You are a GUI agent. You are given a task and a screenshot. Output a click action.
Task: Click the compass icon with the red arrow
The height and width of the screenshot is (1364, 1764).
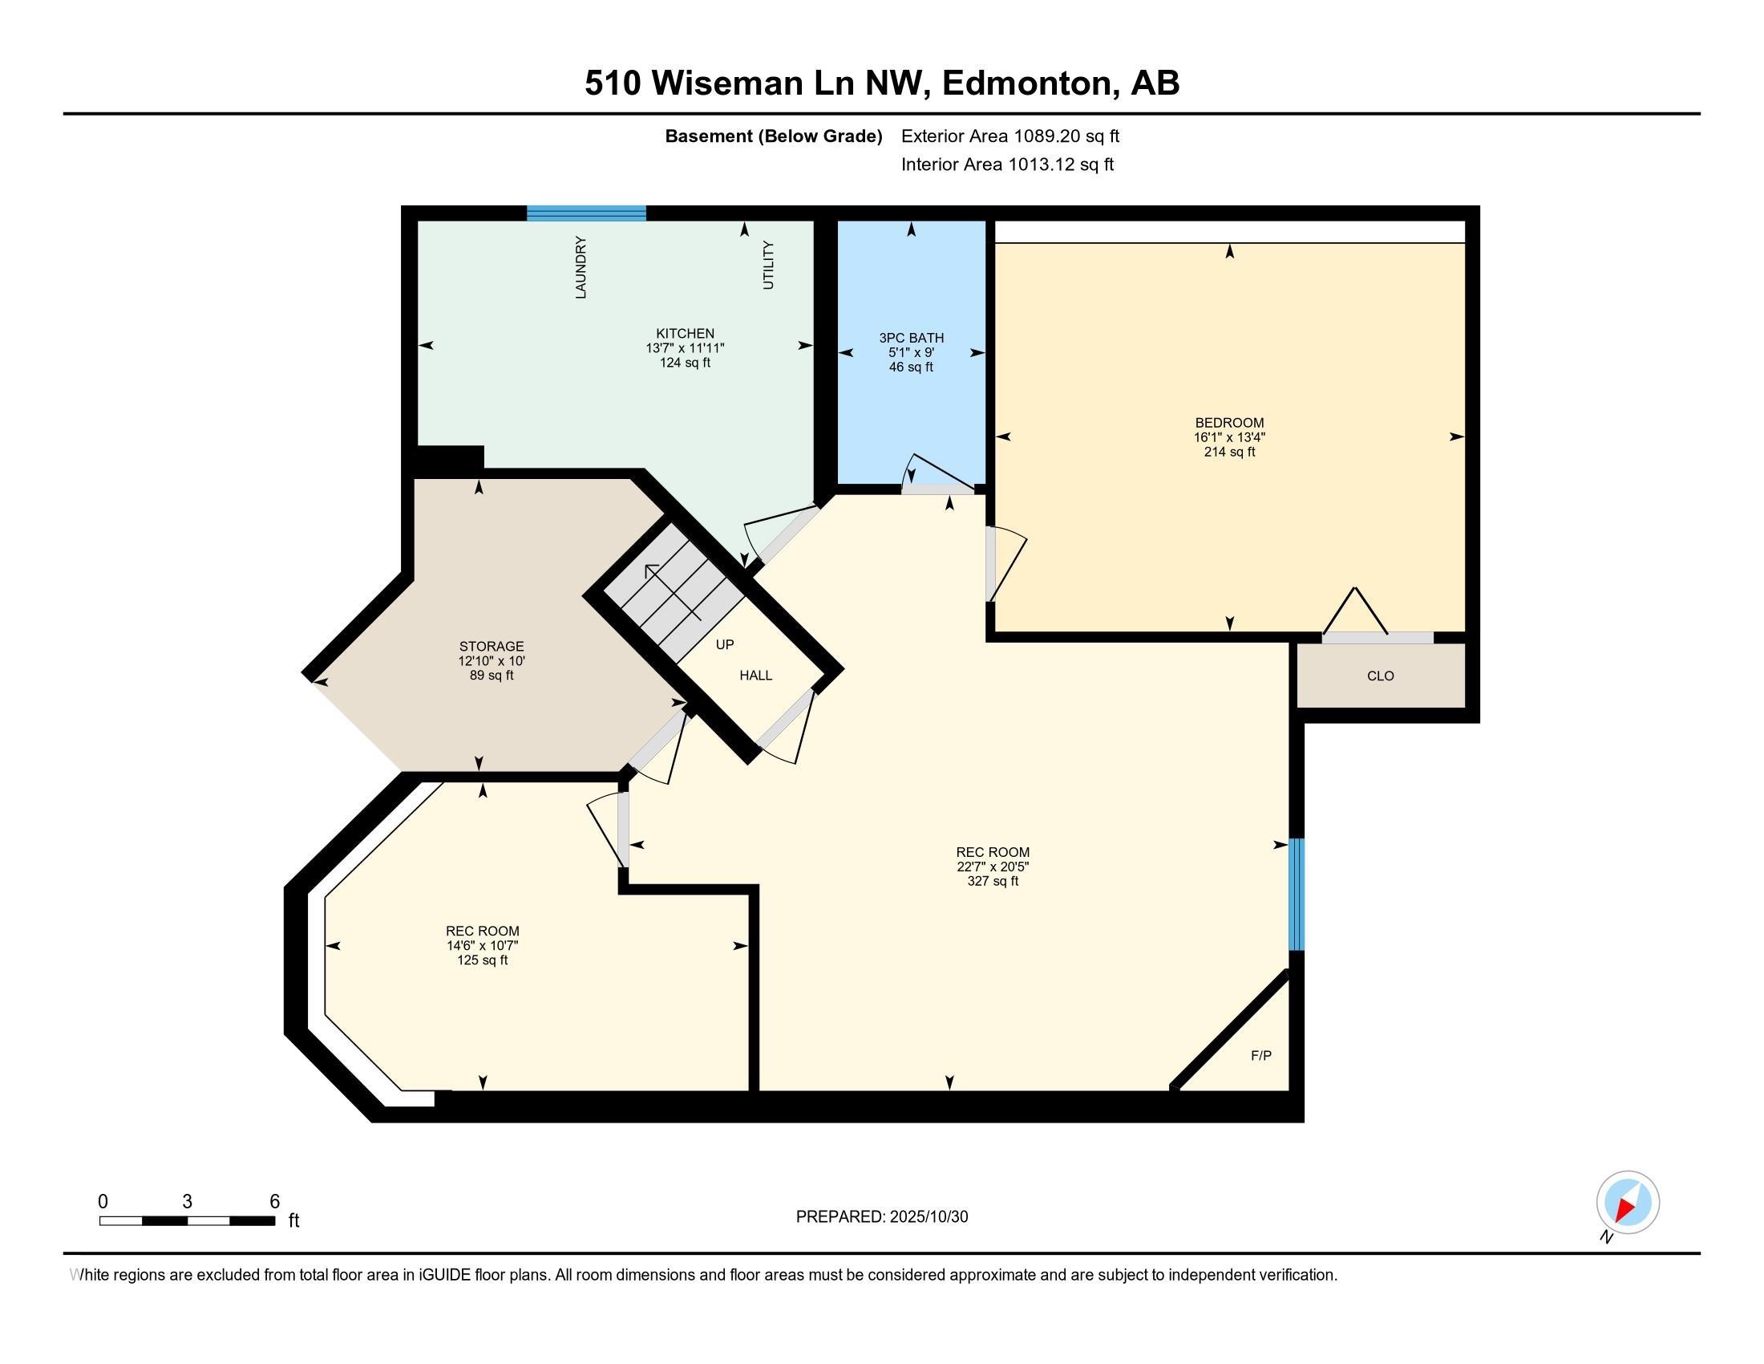(x=1628, y=1203)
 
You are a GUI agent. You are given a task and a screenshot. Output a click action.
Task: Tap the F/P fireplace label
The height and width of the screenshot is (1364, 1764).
(x=1260, y=1055)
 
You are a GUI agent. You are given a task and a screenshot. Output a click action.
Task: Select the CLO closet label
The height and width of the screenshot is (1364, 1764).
(x=1381, y=676)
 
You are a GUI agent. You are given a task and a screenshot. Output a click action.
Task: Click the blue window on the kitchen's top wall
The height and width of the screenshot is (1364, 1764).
(x=586, y=213)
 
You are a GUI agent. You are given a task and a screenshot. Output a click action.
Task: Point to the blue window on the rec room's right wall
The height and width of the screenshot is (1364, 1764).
(x=1296, y=894)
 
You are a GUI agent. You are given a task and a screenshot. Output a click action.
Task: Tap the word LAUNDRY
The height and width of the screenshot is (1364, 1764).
(x=581, y=267)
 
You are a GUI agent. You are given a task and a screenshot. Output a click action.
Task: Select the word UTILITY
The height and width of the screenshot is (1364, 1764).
(x=768, y=265)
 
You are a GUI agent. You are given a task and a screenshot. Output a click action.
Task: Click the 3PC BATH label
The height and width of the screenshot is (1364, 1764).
(x=911, y=338)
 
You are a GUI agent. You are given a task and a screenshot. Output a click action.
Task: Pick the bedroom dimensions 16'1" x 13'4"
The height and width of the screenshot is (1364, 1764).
(x=1229, y=437)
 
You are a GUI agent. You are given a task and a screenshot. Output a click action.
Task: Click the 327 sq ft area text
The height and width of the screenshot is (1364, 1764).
(x=993, y=881)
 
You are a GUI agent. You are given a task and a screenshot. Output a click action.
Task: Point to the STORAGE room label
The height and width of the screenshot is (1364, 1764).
(x=491, y=646)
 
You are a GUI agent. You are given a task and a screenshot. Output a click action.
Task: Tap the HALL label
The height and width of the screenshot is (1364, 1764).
(x=756, y=675)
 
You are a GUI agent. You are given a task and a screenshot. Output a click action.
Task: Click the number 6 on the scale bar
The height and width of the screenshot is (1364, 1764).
(x=274, y=1201)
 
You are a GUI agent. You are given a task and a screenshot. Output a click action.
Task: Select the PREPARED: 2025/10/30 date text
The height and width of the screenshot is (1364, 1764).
(x=881, y=1216)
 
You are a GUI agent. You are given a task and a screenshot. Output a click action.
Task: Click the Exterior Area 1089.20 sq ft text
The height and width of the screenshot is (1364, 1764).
(x=1009, y=136)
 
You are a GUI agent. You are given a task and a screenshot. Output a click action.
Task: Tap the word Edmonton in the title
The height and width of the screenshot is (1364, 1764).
(x=1026, y=83)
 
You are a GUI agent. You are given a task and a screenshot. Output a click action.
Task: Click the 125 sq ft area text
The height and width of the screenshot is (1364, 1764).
(x=482, y=960)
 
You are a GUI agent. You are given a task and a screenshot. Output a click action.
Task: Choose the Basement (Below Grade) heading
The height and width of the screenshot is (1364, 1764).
(x=773, y=136)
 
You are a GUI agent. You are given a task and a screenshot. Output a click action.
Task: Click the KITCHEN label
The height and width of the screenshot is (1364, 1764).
(x=685, y=333)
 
